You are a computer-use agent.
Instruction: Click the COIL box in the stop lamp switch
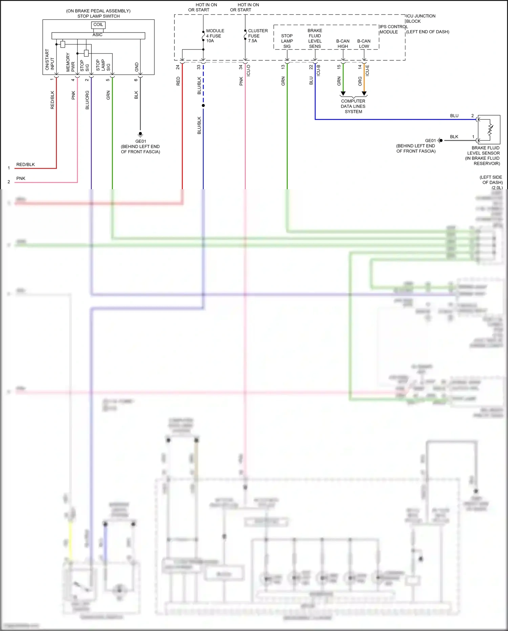(x=98, y=25)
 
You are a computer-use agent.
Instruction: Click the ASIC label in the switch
(x=98, y=35)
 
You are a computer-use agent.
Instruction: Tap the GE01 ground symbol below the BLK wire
(x=140, y=134)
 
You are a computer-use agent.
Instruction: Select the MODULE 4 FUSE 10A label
(x=215, y=36)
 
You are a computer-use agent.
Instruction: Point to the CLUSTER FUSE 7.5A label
(x=257, y=36)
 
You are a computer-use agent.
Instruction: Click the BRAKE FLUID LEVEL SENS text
(x=315, y=38)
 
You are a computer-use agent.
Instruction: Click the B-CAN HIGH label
(x=343, y=44)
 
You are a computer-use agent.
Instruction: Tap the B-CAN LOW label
(x=364, y=44)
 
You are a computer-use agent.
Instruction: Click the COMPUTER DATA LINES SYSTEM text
(x=353, y=106)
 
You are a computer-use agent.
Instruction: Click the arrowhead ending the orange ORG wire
(x=364, y=94)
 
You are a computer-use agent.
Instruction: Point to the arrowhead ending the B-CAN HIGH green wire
(x=343, y=94)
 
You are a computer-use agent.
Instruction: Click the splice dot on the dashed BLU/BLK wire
(x=203, y=105)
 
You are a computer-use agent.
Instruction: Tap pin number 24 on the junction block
(x=178, y=67)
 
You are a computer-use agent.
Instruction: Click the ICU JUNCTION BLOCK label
(x=420, y=19)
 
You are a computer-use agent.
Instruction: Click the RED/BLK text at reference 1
(x=25, y=164)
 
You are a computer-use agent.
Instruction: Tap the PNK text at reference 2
(x=21, y=178)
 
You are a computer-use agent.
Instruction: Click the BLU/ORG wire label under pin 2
(x=87, y=100)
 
